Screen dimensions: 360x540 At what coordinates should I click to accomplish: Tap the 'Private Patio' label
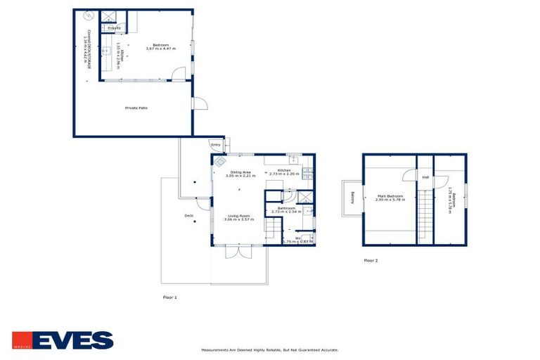coord(136,108)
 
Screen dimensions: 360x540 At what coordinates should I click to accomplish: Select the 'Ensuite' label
coord(114,28)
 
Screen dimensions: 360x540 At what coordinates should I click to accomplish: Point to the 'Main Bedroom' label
coord(389,196)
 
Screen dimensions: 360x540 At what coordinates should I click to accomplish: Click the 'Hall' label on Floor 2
coord(425,177)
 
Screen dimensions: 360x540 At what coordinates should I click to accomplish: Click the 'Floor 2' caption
coord(371,260)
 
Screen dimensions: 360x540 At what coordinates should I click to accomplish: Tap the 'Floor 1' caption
coord(169,297)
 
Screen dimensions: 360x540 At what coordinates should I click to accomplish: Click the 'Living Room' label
coord(237,216)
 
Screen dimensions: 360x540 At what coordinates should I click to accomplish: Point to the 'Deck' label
coord(188,216)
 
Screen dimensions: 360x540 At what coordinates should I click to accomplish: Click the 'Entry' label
coord(215,146)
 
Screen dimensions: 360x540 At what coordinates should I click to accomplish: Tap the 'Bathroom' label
coord(285,207)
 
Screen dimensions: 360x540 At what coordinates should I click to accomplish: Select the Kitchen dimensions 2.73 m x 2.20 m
coord(285,174)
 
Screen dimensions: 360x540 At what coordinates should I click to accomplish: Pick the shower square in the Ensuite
coord(110,17)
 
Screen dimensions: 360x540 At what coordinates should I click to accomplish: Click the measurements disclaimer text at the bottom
coord(270,349)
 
